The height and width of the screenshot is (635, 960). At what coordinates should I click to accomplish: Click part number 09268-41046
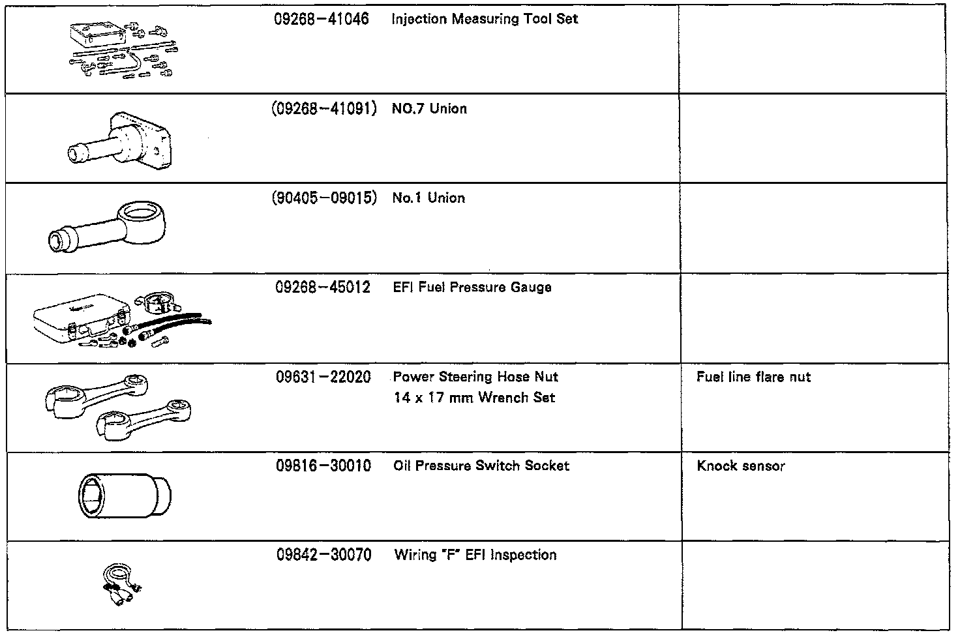[322, 19]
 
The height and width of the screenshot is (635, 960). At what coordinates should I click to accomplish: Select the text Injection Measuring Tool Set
[485, 19]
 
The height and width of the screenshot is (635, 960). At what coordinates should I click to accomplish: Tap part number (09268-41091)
[323, 108]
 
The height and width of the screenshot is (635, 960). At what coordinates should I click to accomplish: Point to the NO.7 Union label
[429, 108]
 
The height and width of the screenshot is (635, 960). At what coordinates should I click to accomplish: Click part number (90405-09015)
[323, 198]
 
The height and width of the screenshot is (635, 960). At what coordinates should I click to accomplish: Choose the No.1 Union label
[428, 198]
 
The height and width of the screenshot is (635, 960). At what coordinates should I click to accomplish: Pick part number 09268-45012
[323, 287]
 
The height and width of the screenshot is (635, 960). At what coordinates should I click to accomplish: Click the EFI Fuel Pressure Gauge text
[472, 287]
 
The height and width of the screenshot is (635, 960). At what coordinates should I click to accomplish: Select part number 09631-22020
[323, 377]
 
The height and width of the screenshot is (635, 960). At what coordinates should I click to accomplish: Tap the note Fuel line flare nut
[753, 377]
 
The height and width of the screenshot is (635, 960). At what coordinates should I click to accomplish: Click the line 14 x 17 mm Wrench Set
[474, 397]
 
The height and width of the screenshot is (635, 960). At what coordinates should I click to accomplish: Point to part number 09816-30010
[323, 465]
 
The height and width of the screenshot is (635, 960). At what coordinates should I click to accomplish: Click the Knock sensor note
[741, 465]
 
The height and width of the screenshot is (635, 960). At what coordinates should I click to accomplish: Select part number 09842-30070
[323, 555]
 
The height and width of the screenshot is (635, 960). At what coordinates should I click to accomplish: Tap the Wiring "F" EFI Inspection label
[475, 555]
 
